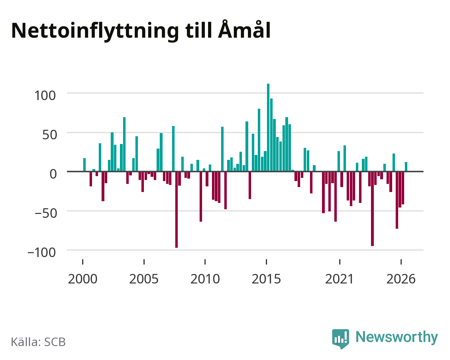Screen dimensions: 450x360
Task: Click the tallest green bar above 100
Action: click(x=268, y=127)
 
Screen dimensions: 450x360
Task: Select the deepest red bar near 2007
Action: click(x=176, y=210)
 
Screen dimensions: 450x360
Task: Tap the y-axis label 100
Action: click(x=45, y=96)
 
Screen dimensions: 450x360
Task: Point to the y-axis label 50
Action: click(x=50, y=135)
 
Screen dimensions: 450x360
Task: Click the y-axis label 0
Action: click(x=53, y=174)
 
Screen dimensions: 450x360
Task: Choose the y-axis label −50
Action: click(x=46, y=214)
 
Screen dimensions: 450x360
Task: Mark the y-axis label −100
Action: click(x=42, y=253)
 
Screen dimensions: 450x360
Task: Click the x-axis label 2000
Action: click(x=83, y=279)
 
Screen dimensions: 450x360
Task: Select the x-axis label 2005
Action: click(x=144, y=279)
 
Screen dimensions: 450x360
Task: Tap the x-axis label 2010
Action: click(x=205, y=279)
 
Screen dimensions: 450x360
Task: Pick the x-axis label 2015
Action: click(x=266, y=279)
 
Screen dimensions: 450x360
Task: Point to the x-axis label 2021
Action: click(x=339, y=279)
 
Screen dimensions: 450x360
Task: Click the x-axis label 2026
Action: click(x=401, y=279)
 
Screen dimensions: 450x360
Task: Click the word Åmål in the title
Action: click(x=244, y=30)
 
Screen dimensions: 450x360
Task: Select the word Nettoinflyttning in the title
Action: click(x=95, y=31)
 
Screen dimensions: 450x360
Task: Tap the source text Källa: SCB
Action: click(x=38, y=342)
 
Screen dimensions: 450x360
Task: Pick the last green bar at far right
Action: click(x=406, y=167)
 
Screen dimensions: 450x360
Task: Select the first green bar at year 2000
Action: click(x=85, y=165)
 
